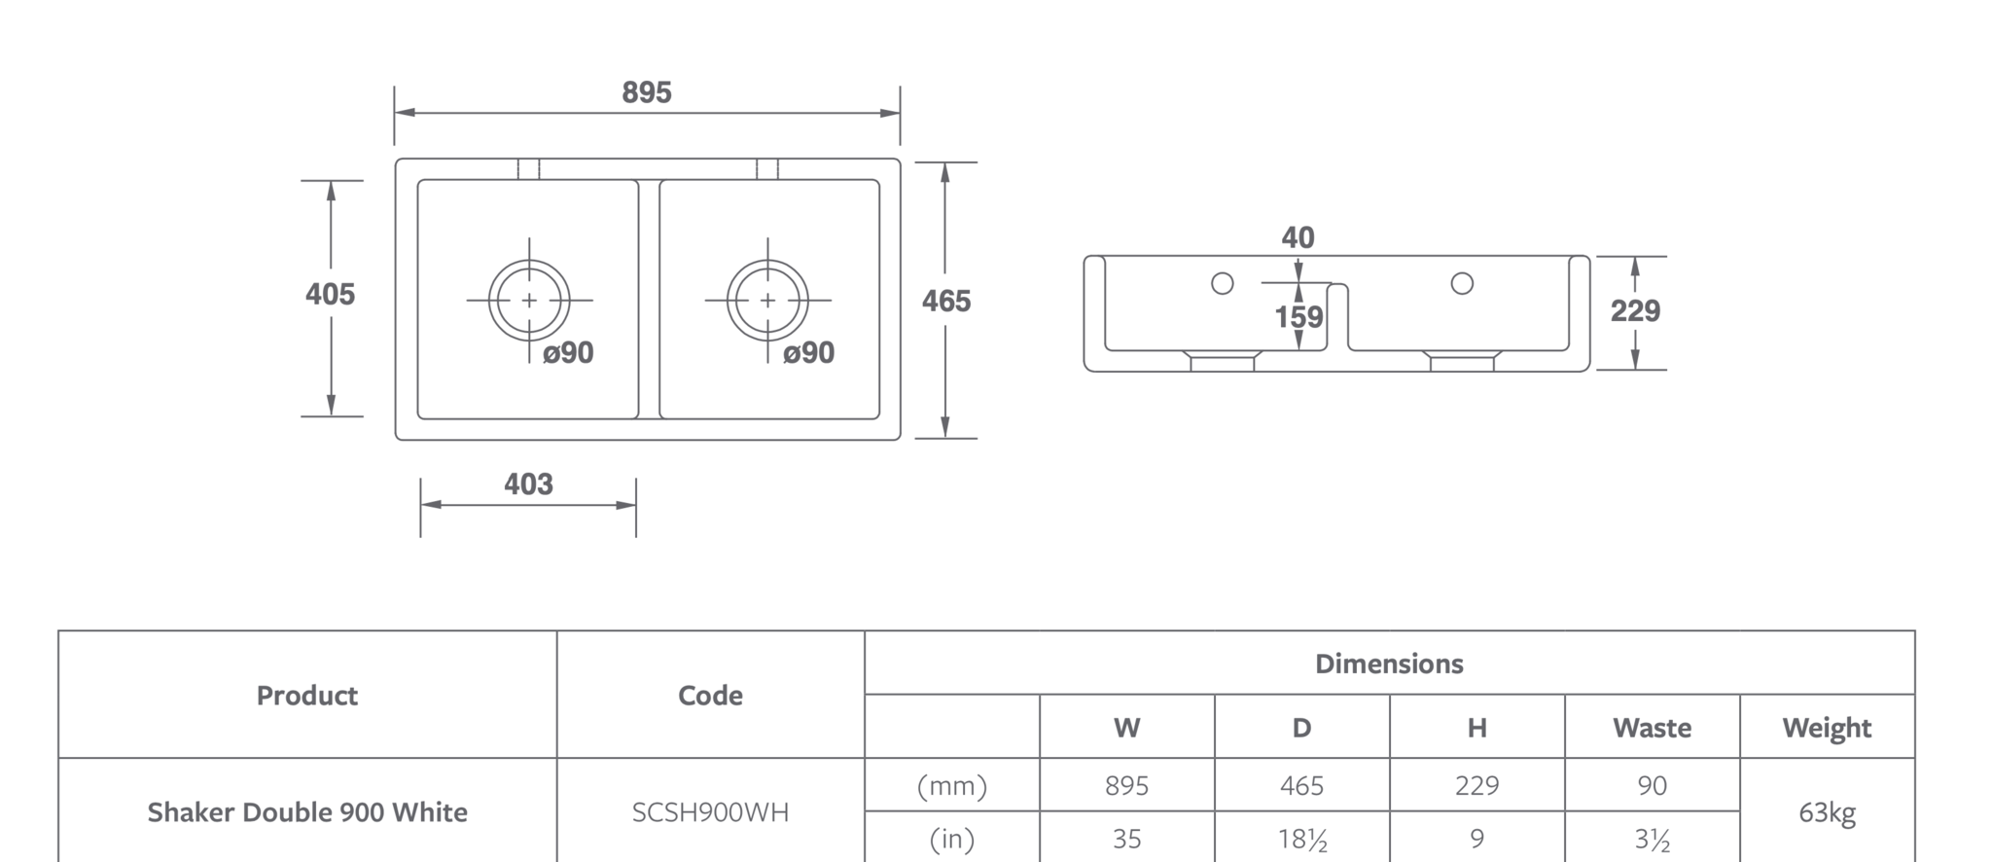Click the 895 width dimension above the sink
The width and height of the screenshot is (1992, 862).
point(647,92)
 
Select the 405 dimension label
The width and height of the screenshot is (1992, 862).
point(330,294)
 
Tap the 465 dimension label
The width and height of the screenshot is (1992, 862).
point(946,302)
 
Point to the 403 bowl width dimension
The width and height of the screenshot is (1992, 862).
point(528,485)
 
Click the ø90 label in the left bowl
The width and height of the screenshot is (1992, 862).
point(568,352)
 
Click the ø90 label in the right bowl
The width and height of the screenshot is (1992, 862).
point(808,352)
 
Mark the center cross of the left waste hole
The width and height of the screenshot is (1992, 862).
point(529,301)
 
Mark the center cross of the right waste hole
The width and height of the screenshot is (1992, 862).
point(768,301)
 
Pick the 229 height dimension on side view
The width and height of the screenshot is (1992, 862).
point(1635,311)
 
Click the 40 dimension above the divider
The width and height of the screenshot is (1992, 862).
point(1298,237)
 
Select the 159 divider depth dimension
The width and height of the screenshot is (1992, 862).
point(1299,317)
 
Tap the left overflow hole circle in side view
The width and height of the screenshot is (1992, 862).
point(1223,283)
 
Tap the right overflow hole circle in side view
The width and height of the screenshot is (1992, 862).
point(1462,283)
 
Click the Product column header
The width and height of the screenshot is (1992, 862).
point(307,696)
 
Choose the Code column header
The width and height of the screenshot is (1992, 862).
point(710,696)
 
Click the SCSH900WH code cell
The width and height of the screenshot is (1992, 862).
point(710,812)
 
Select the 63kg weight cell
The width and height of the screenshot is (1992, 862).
point(1828,812)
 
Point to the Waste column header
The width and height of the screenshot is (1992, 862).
point(1652,728)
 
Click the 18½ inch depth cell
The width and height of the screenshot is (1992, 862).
point(1302,839)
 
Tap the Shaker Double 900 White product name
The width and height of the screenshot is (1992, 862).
point(307,812)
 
